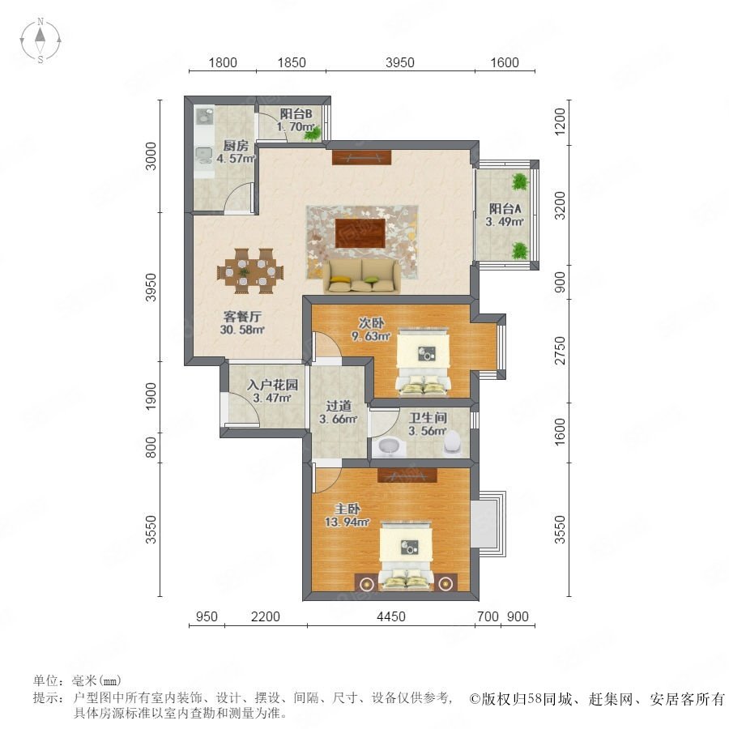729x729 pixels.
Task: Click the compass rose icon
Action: click(40, 40)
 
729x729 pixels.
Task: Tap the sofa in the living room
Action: click(362, 276)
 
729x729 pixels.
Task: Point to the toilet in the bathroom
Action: click(451, 441)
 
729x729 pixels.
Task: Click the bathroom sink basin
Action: click(389, 446)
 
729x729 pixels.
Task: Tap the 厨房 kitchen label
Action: click(236, 146)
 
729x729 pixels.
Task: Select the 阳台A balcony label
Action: click(505, 209)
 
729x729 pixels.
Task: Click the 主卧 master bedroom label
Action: click(347, 509)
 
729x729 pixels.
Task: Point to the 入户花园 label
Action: click(272, 385)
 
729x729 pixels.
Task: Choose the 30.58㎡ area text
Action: click(242, 330)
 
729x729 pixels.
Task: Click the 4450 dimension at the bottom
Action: click(391, 616)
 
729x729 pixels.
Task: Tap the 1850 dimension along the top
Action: click(292, 62)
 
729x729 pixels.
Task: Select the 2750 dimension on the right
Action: click(561, 351)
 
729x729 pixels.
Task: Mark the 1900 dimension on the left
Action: click(151, 397)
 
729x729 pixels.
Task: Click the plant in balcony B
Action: click(313, 134)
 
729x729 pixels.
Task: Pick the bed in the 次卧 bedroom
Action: click(423, 362)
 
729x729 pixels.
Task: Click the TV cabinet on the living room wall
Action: click(362, 157)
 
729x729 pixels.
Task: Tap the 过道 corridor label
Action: click(339, 406)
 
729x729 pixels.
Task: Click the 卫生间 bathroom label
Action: click(428, 417)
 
